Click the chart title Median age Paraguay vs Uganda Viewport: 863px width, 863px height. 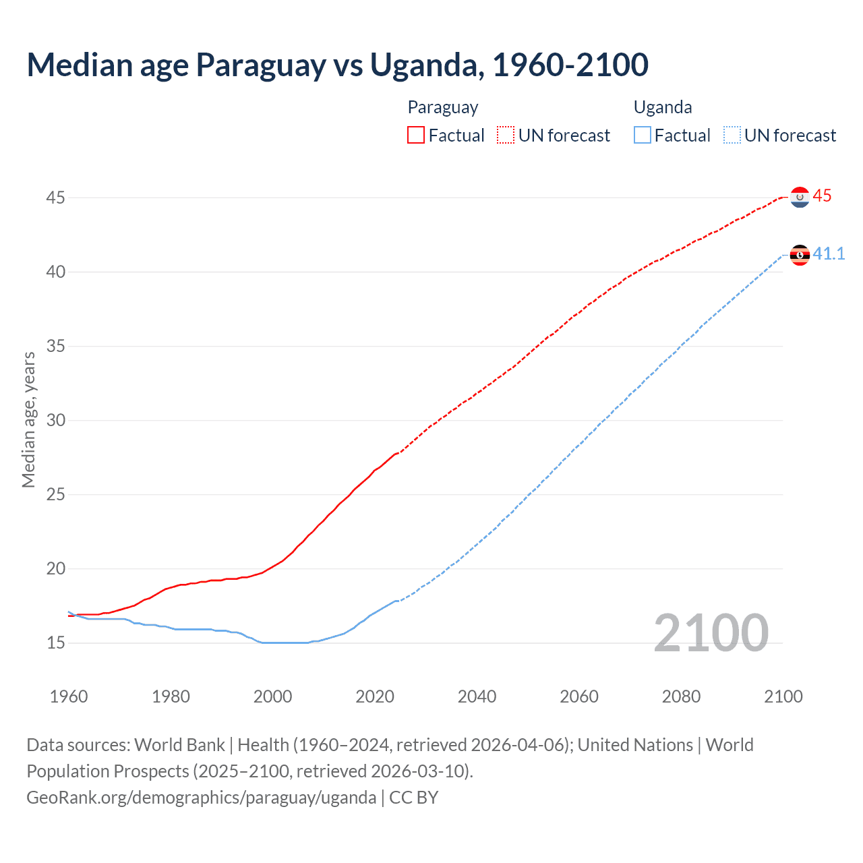click(337, 65)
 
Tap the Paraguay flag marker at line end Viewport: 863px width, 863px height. click(800, 197)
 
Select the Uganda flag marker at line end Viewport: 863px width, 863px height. click(800, 255)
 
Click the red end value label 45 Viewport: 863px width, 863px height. click(822, 196)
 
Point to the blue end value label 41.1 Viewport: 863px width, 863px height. click(829, 254)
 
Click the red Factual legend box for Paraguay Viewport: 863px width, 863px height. click(416, 136)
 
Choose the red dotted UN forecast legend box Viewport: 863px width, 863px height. click(506, 136)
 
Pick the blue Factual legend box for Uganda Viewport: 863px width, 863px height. click(643, 136)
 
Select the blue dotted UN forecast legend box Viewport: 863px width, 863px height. click(732, 136)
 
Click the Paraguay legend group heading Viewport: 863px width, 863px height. click(443, 107)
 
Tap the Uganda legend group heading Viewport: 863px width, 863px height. click(663, 107)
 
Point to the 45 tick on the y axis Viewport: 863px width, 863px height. click(55, 198)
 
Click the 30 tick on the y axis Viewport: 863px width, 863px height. click(55, 420)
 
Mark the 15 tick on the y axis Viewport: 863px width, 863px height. click(55, 643)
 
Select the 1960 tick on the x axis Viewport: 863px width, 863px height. click(69, 696)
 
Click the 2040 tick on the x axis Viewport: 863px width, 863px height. click(477, 696)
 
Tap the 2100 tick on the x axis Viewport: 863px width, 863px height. click(783, 696)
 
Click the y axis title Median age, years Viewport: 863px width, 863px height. click(28, 419)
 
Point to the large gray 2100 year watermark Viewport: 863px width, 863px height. click(711, 632)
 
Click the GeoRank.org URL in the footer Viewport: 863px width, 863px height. click(201, 798)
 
